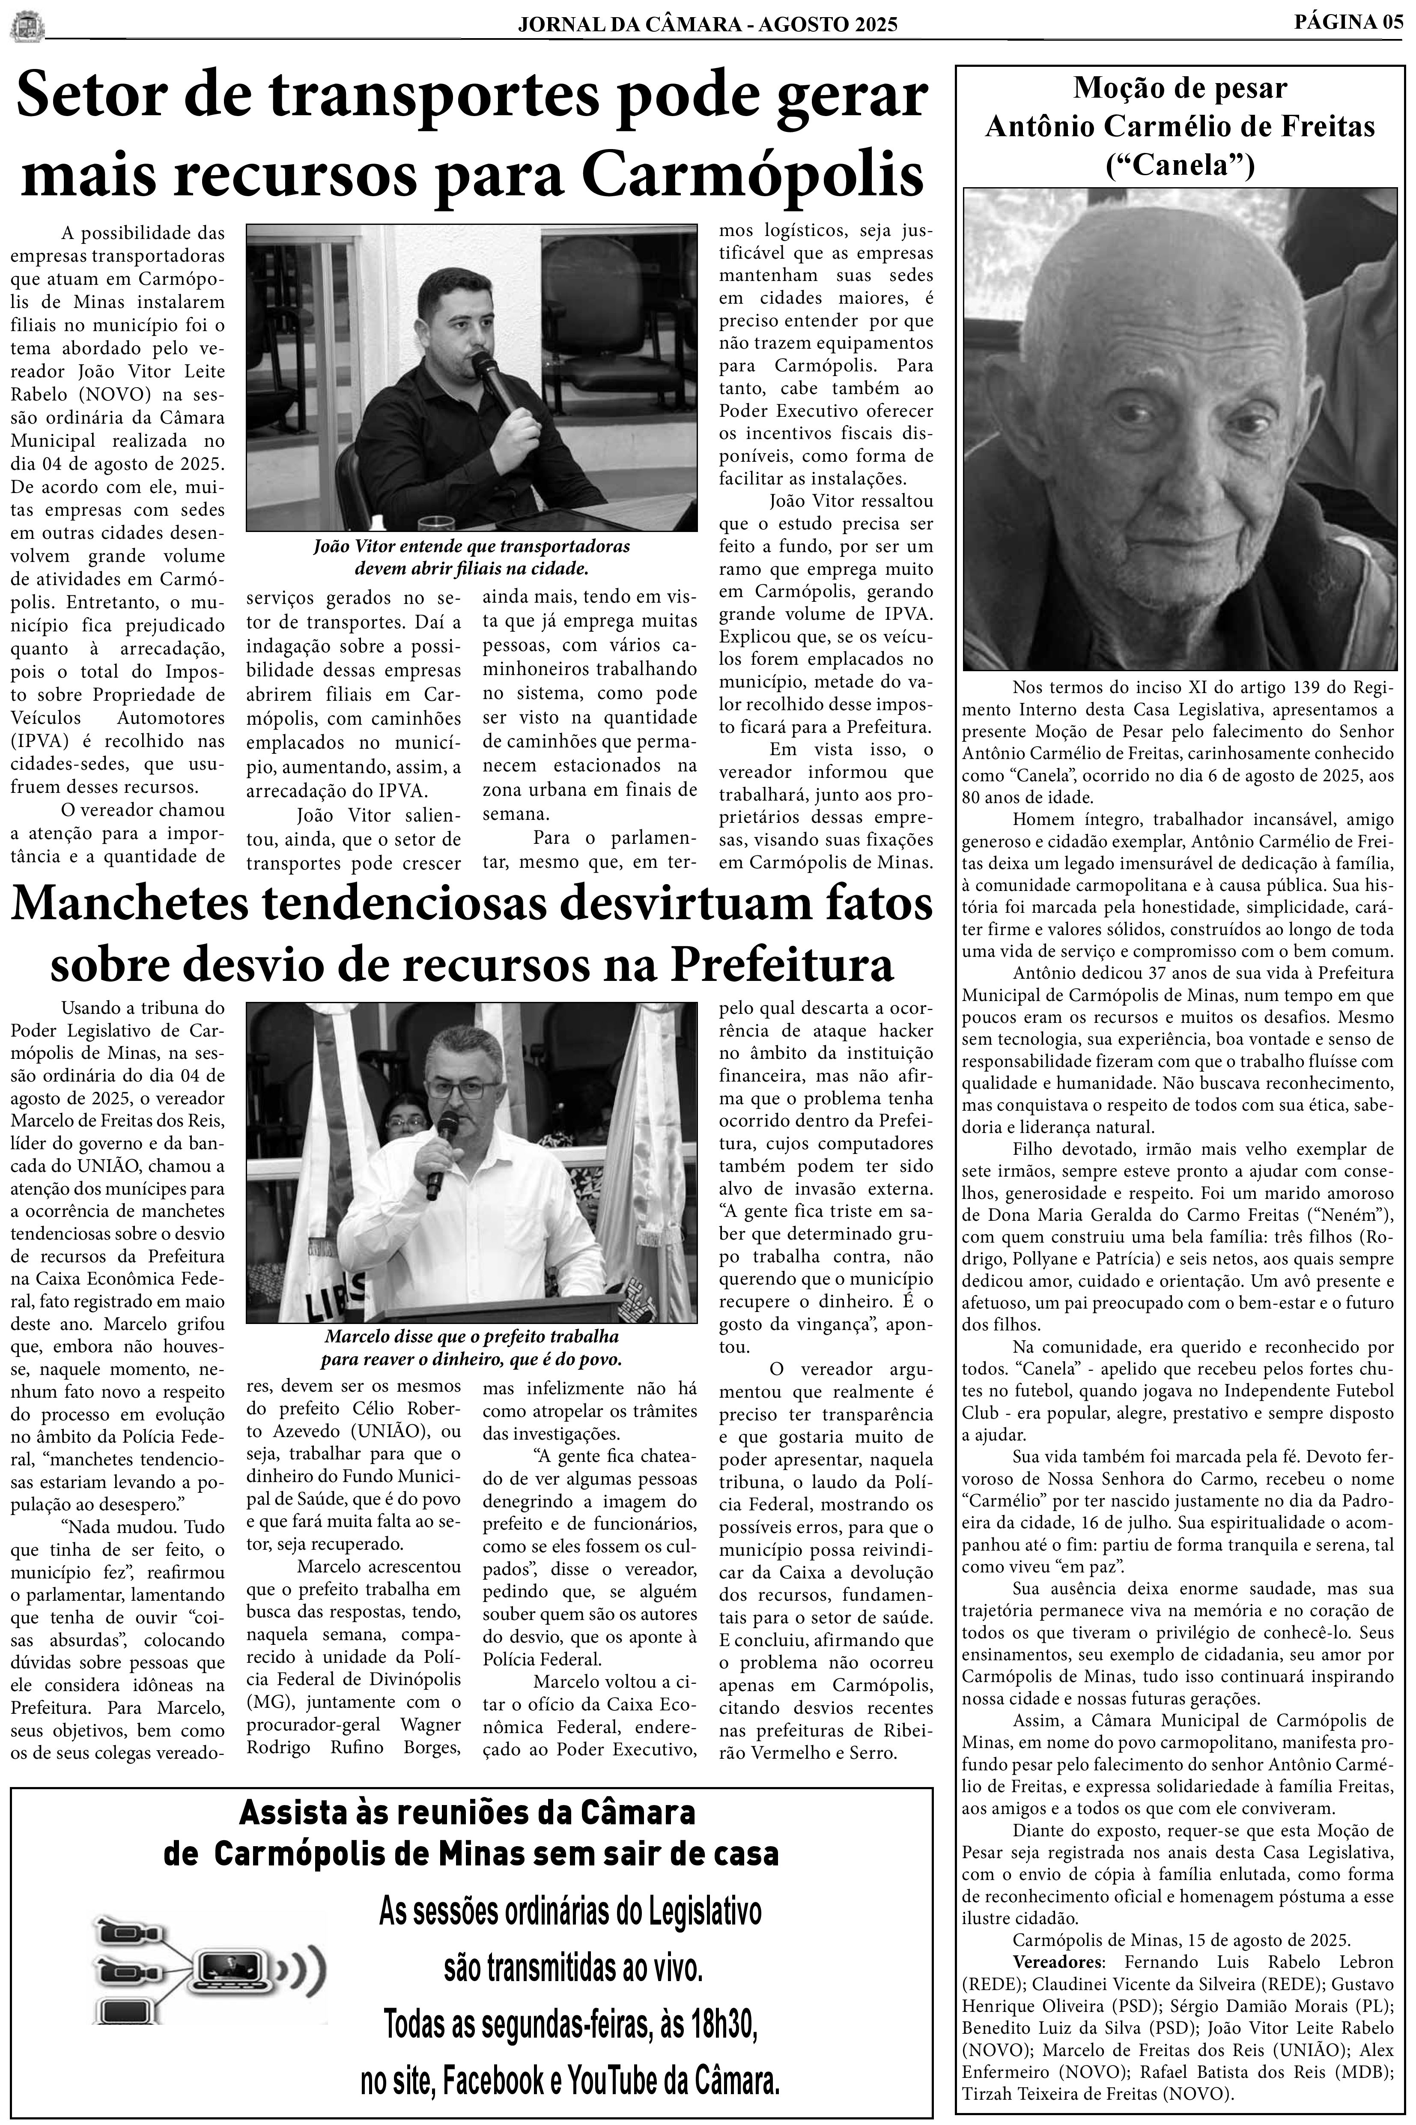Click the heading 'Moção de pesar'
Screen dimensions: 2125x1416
coord(1179,89)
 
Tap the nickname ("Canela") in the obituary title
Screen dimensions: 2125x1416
coord(1179,164)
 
